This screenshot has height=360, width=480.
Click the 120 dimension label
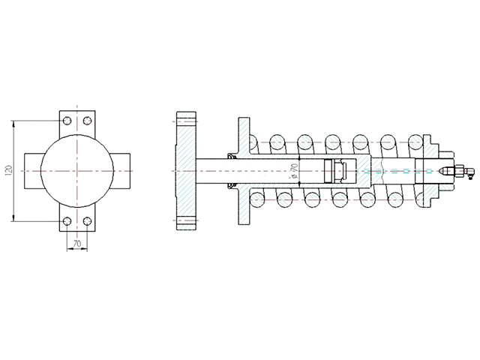9,170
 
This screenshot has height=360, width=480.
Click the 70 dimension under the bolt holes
77,244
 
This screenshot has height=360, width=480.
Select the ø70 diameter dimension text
294,171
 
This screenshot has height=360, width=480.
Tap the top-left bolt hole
67,121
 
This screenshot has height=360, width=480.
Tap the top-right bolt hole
88,121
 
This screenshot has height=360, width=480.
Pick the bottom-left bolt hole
67,220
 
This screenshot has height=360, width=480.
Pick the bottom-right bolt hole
88,220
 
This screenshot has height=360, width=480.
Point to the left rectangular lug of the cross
33,171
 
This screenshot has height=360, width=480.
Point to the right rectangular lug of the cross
121,171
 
